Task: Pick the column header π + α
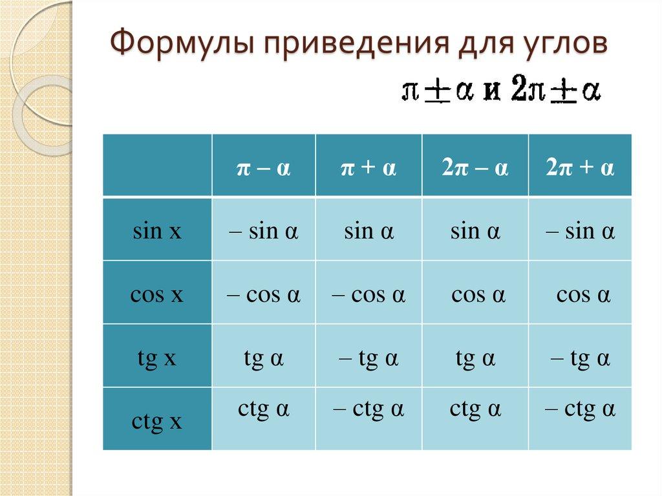368,169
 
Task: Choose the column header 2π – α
475,169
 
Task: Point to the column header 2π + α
580,169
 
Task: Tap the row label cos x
157,295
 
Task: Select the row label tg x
157,358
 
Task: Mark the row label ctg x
157,422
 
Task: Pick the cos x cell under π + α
368,295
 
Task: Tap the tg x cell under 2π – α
475,358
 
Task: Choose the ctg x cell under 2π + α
580,410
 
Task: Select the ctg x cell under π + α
368,410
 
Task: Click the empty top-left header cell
157,165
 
